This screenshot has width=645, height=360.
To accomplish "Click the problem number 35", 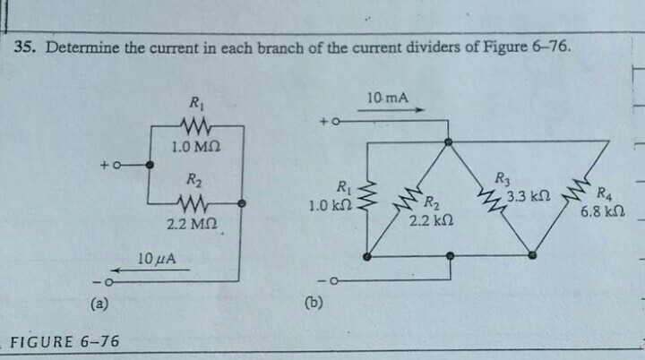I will pyautogui.click(x=28, y=47).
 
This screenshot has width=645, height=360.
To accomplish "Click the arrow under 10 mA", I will pyautogui.click(x=390, y=112).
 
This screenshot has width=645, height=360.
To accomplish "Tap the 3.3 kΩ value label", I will pyautogui.click(x=527, y=195).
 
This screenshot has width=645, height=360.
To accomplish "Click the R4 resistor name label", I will pyautogui.click(x=605, y=192).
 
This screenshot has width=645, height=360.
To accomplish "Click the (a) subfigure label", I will pyautogui.click(x=100, y=304).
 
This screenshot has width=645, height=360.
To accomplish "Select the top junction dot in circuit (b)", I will pyautogui.click(x=450, y=141).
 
